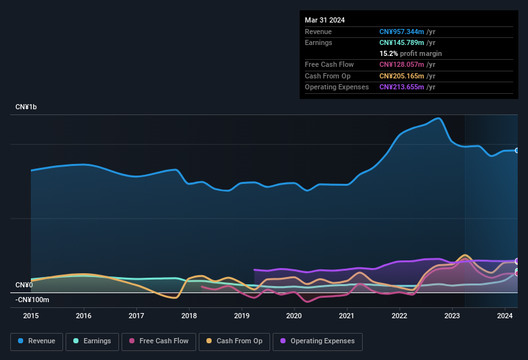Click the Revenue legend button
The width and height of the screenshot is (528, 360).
click(37, 341)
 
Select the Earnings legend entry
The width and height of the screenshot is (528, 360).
click(92, 341)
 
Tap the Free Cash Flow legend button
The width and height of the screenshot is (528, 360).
click(159, 341)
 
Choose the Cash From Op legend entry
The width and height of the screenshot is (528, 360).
click(234, 341)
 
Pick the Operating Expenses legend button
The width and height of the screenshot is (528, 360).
click(318, 341)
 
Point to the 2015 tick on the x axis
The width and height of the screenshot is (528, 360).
click(31, 316)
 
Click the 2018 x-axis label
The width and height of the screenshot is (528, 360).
click(189, 316)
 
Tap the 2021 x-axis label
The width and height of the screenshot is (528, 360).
click(347, 316)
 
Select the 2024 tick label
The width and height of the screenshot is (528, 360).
click(505, 316)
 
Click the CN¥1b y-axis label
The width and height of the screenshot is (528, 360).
click(26, 107)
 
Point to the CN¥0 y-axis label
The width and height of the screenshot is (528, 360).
click(24, 285)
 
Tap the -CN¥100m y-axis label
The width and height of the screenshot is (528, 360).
click(32, 300)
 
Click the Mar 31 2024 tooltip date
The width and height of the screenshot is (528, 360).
click(325, 20)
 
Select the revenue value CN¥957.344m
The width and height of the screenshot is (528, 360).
click(402, 32)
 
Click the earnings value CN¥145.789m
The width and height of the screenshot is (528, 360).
click(402, 42)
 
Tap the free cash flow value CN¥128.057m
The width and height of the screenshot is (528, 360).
click(402, 64)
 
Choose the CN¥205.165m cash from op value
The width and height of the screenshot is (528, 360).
click(402, 76)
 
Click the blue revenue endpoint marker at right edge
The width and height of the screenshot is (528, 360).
click(517, 150)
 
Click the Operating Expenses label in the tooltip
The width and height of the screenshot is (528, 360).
click(336, 87)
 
